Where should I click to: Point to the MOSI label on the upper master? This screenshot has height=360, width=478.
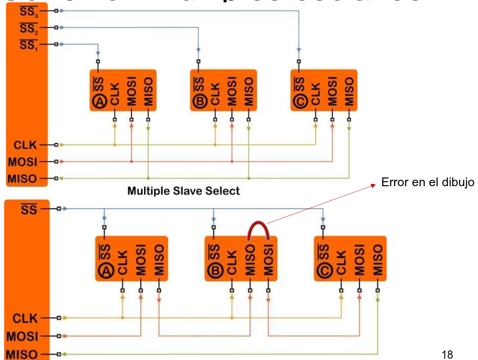tap(22, 162)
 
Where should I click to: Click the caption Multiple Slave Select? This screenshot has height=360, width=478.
tap(183, 191)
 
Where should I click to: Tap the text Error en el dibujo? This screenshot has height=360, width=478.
tap(428, 183)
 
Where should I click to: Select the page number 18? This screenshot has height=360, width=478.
tap(447, 354)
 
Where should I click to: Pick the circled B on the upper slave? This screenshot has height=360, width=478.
tap(200, 102)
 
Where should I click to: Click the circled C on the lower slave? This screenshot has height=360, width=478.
tap(324, 272)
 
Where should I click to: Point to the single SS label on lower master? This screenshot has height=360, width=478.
tap(28, 210)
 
